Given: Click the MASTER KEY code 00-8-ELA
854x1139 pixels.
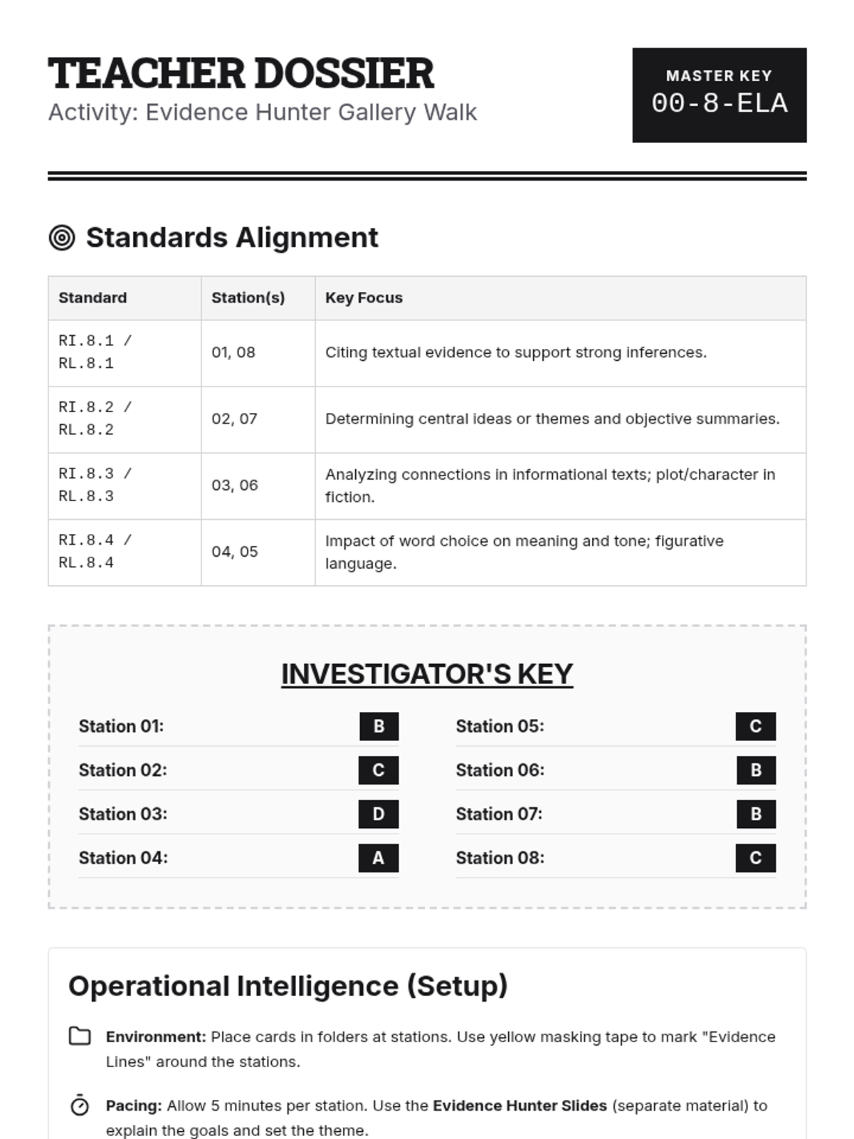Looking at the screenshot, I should (x=719, y=104).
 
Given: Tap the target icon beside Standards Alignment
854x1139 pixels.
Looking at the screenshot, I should (x=62, y=238).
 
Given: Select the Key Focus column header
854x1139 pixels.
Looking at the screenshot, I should (x=364, y=298).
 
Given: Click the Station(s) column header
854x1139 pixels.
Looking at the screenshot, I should (x=248, y=298).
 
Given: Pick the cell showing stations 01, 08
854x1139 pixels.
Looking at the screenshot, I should (x=233, y=352).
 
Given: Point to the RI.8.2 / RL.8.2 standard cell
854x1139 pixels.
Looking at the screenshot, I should (x=95, y=419).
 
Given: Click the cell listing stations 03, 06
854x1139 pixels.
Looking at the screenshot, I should (x=235, y=485).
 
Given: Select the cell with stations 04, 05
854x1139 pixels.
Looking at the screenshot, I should (x=235, y=552).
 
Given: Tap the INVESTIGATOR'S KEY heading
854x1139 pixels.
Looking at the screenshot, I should (x=427, y=674).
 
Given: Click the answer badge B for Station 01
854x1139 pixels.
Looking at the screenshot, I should (x=379, y=726).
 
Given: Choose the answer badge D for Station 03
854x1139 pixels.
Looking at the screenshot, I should (x=379, y=814).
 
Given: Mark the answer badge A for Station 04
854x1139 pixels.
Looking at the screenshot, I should (x=379, y=859).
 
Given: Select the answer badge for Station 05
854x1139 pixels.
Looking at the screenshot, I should (x=756, y=726).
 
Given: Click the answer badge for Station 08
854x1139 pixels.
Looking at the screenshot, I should (x=756, y=859).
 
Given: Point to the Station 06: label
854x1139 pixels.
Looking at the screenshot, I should (x=500, y=770).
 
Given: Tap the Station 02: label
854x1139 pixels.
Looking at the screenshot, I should (x=122, y=770).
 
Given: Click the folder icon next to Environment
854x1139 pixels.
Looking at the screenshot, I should (x=80, y=1036).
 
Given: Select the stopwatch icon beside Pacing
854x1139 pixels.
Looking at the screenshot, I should (x=80, y=1106).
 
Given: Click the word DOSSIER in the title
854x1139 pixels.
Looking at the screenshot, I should (x=344, y=73).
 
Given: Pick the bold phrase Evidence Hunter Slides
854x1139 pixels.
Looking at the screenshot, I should (x=520, y=1106).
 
